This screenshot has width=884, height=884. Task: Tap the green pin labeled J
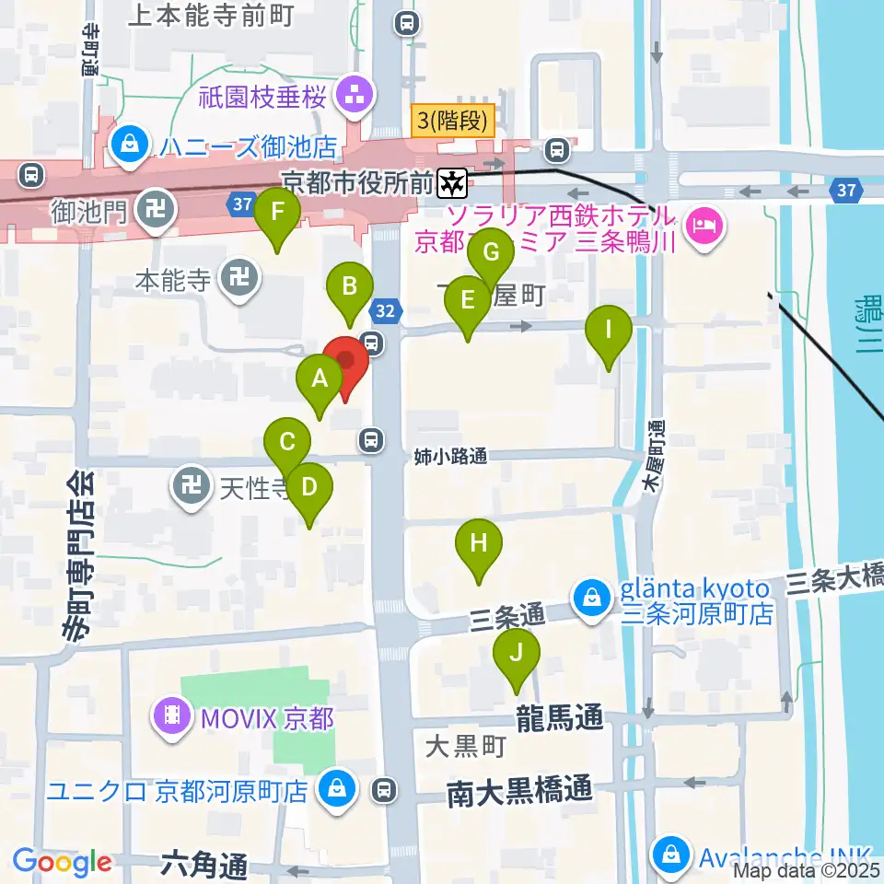click(x=517, y=654)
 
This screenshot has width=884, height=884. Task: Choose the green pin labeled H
click(x=478, y=543)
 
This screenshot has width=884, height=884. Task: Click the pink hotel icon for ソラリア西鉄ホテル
click(x=704, y=224)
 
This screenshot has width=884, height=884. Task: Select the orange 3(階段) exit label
click(x=452, y=119)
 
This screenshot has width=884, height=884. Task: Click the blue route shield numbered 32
click(x=388, y=312)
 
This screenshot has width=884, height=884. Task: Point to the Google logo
click(x=62, y=862)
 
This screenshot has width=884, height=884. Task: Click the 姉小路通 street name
click(x=449, y=456)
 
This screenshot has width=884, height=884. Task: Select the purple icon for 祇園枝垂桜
click(x=353, y=92)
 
